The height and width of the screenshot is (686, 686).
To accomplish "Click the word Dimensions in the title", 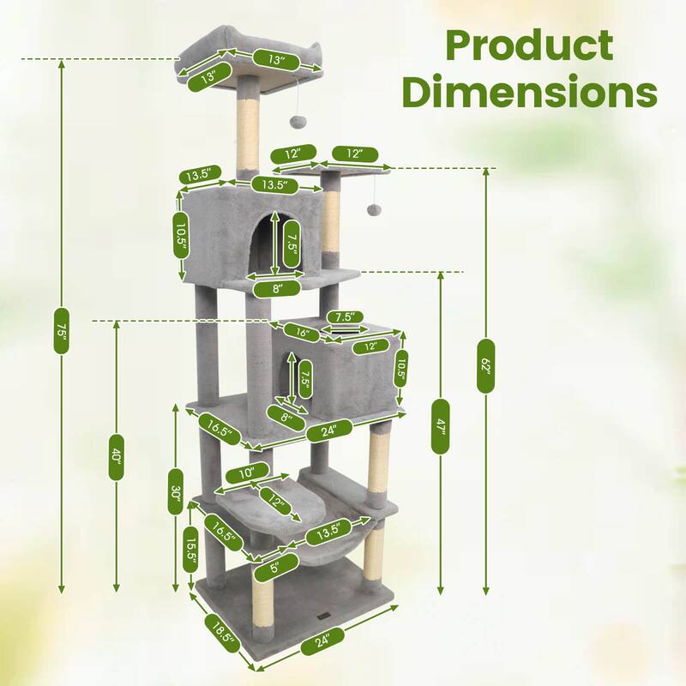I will click(530, 93).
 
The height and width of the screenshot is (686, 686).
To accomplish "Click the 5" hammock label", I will click(275, 566).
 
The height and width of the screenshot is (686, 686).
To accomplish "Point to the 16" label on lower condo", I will click(301, 332).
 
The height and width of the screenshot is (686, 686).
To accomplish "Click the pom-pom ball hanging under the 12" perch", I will click(375, 210).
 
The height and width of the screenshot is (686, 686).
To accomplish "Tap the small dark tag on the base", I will click(322, 614).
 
